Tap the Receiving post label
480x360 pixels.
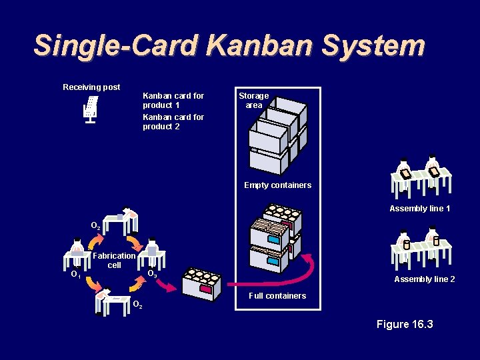91,87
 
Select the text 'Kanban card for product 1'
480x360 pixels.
173,101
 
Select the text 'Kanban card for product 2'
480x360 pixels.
173,122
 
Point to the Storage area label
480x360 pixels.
253,101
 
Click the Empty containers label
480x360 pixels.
277,185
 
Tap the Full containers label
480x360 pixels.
277,296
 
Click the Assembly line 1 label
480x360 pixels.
420,209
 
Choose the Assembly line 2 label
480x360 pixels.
425,279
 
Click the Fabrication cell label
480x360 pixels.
115,260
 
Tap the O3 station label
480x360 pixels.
152,273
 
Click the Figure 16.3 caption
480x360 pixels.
405,325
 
